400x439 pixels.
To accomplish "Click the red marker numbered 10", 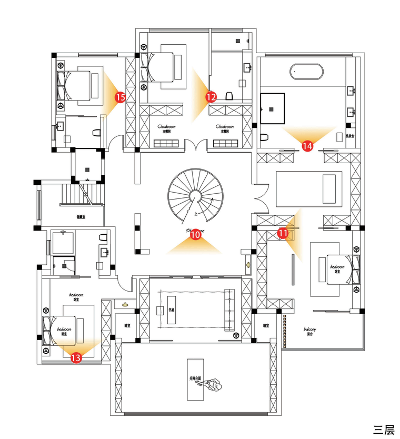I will pyautogui.click(x=195, y=236).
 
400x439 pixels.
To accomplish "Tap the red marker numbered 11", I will pyautogui.click(x=283, y=232).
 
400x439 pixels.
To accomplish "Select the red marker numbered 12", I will pyautogui.click(x=211, y=97).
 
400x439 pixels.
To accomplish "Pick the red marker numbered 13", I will pyautogui.click(x=76, y=358).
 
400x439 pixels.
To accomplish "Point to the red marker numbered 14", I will pyautogui.click(x=308, y=145).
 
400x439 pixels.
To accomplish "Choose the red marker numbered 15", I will pyautogui.click(x=120, y=97).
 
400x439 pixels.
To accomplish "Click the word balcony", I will pyautogui.click(x=310, y=330).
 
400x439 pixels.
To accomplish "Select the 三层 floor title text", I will pyautogui.click(x=384, y=429).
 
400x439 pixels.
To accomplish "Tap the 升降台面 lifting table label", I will pyautogui.click(x=196, y=378).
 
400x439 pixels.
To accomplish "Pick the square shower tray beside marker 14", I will pyautogui.click(x=272, y=108).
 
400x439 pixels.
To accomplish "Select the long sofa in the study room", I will pyautogui.click(x=230, y=311).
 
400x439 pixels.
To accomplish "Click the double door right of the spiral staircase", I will pyautogui.click(x=259, y=198).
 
